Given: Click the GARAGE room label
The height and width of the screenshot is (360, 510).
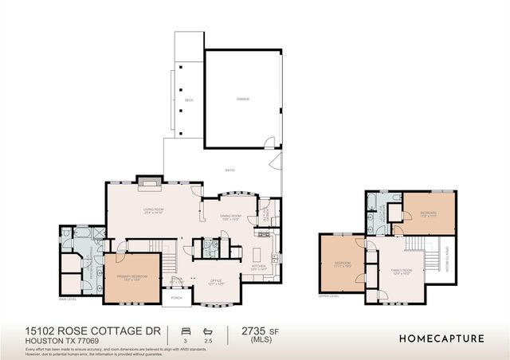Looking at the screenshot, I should (x=242, y=100).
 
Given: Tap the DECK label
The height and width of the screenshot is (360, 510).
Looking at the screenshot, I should (x=189, y=100).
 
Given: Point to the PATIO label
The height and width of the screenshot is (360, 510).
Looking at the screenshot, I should (x=229, y=170).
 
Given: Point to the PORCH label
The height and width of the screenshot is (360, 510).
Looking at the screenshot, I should (x=177, y=299).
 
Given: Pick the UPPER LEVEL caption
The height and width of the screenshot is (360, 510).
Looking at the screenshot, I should (x=328, y=295).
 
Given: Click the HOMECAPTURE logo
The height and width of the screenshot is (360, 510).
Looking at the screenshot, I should (x=441, y=338).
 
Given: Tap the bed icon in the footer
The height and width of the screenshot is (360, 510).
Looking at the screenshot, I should (x=185, y=330).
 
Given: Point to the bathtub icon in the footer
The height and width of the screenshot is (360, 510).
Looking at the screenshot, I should (x=207, y=330).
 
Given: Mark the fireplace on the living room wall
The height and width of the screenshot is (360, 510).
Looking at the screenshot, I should (x=147, y=182).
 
